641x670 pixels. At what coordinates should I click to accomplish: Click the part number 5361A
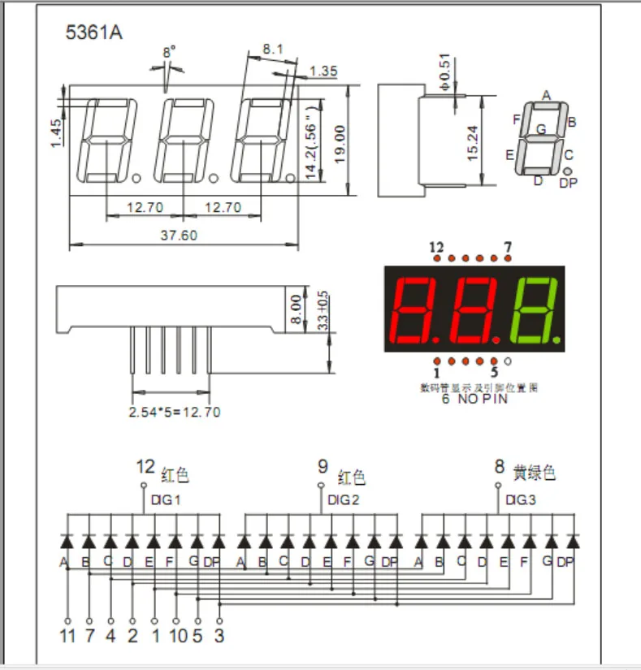click(94, 33)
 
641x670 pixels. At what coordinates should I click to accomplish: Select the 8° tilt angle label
click(168, 52)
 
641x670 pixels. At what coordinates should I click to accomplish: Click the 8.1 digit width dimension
click(272, 50)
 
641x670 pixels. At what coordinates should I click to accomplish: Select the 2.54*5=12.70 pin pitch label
click(175, 412)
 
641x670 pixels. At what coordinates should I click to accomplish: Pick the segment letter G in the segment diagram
click(540, 129)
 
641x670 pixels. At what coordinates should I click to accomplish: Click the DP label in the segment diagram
click(568, 184)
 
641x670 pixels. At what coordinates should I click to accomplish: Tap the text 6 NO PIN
click(474, 399)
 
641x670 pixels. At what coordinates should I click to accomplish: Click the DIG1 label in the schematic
click(165, 499)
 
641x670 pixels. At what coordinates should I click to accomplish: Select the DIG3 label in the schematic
click(520, 499)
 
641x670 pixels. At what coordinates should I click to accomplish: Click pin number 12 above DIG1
click(145, 466)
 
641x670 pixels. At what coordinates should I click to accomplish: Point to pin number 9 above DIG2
click(323, 466)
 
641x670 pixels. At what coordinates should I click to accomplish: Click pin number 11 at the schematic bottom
click(67, 635)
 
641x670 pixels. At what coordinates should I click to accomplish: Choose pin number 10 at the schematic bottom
click(176, 635)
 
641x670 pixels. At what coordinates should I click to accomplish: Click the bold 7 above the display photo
click(508, 247)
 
